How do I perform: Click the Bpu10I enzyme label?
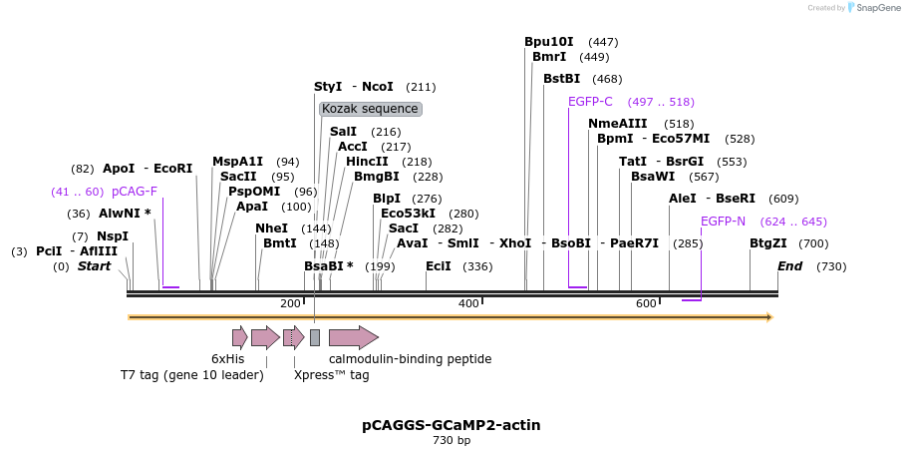549,42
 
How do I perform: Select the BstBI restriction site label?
561,79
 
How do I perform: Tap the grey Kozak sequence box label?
371,109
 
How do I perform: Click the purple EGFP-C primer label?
590,102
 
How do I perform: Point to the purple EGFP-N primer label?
723,222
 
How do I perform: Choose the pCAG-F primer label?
135,192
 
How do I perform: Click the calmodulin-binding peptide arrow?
353,337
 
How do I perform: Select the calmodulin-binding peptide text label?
410,359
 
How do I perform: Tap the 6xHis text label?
227,359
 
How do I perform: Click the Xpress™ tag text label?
331,375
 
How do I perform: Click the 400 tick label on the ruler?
468,303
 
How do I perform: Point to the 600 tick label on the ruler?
646,303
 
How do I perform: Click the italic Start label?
94,266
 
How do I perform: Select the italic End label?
789,266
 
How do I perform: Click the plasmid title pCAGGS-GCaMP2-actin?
452,425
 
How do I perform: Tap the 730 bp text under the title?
452,440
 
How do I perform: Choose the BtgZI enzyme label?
767,243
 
